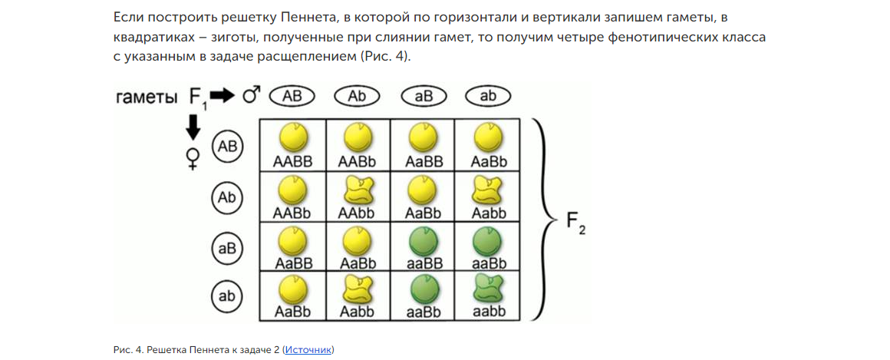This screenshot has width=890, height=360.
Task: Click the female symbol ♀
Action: [193, 158]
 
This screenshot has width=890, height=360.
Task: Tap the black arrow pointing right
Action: [223, 96]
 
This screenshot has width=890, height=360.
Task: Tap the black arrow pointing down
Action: [193, 127]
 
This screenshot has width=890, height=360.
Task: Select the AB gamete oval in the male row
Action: [292, 96]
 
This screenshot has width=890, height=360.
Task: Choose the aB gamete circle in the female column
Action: [227, 249]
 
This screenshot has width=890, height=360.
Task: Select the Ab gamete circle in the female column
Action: [227, 198]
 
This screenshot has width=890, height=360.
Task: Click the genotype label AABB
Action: [292, 162]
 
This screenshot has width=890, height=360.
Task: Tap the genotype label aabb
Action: [488, 312]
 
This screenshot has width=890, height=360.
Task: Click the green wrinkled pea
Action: [488, 289]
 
